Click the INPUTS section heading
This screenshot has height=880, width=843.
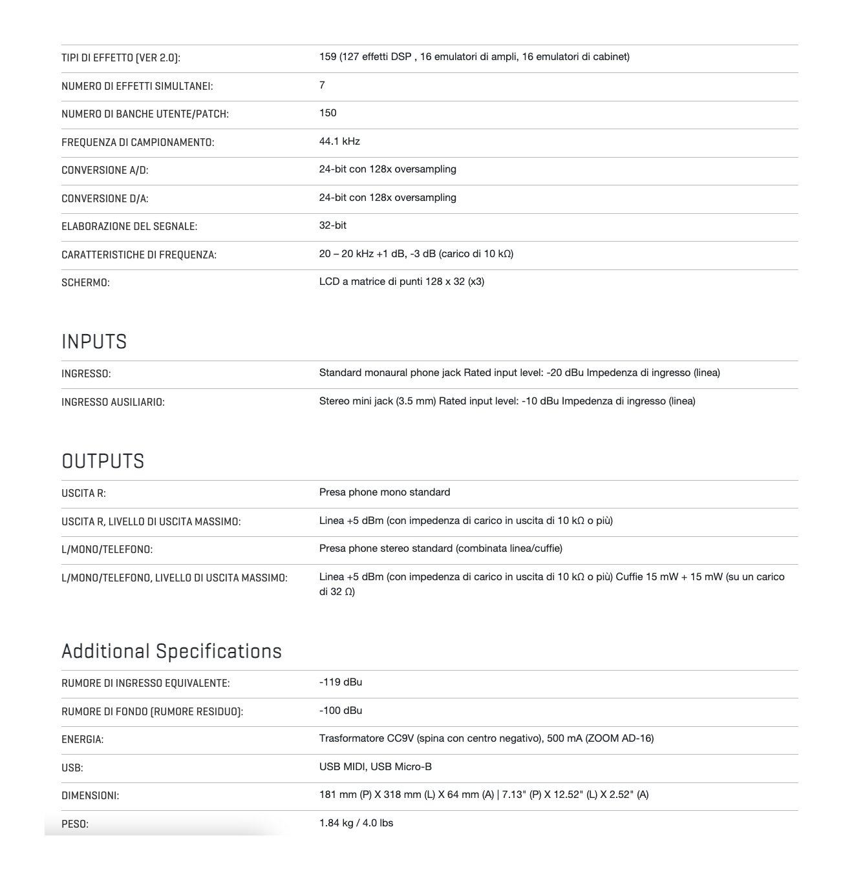[x=94, y=342]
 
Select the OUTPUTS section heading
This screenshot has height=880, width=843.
[x=103, y=461]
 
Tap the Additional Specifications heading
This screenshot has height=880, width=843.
[x=171, y=651]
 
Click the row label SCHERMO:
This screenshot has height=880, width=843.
[x=85, y=283]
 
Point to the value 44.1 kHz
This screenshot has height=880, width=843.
[x=339, y=141]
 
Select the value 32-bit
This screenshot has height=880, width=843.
[x=332, y=225]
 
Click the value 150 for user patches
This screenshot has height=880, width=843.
[x=328, y=113]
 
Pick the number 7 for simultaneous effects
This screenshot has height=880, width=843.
[x=322, y=85]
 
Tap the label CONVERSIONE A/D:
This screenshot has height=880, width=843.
[x=105, y=171]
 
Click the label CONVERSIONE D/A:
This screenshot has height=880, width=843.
[x=105, y=199]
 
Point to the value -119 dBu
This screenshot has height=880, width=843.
[x=340, y=682]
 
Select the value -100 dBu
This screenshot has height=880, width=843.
[x=340, y=711]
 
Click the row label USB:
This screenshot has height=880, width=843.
[x=72, y=768]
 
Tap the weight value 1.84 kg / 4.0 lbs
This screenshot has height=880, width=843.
[x=356, y=823]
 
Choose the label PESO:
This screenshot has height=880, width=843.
[x=74, y=824]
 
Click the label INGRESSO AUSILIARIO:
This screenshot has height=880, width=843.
[x=112, y=403]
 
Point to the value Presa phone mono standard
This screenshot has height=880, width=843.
[x=385, y=492]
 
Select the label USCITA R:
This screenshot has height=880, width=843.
[x=83, y=494]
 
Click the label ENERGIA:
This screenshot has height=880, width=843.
[x=82, y=740]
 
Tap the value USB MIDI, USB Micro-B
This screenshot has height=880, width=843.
[x=375, y=767]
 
